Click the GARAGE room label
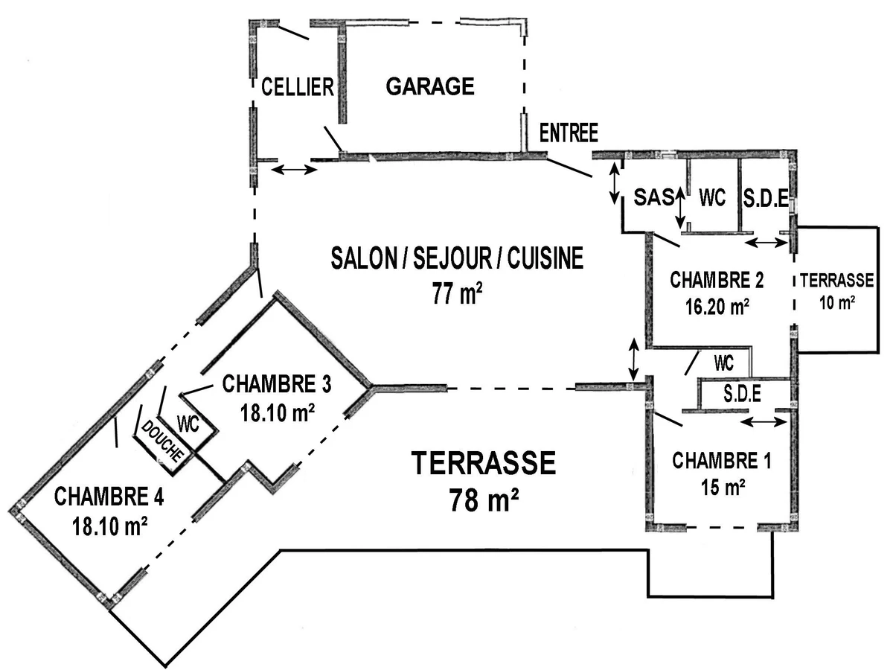pos(430,86)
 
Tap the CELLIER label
pos(298,87)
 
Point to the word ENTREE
pos(569,133)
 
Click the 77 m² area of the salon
pos(457,294)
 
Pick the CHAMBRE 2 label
pos(717,281)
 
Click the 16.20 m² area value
pos(717,306)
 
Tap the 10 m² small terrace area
pos(837,303)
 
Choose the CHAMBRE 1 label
pos(722,461)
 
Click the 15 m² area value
pos(723,487)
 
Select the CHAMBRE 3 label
pos(277,384)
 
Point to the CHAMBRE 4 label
pos(109,497)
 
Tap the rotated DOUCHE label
pos(161,441)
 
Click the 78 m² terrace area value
pos(484,500)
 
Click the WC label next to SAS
pos(712,197)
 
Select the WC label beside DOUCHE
pos(188,424)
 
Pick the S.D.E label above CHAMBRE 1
pos(743,394)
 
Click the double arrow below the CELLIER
pos(294,169)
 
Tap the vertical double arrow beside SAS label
pos(680,208)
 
